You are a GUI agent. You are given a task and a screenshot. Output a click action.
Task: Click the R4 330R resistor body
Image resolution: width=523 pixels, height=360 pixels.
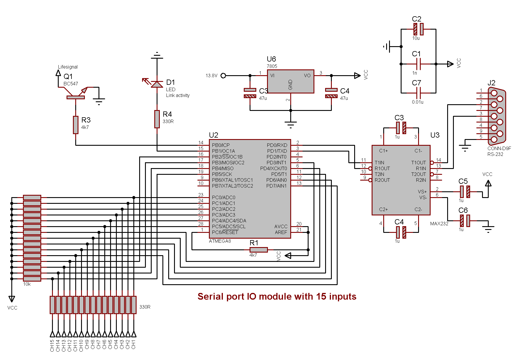(x=157, y=119)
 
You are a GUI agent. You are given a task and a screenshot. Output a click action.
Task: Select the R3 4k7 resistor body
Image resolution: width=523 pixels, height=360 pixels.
(x=76, y=125)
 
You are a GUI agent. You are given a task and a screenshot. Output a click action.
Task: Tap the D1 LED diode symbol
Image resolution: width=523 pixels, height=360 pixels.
(x=157, y=84)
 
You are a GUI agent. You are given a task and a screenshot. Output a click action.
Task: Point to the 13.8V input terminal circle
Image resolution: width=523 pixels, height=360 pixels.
(x=223, y=75)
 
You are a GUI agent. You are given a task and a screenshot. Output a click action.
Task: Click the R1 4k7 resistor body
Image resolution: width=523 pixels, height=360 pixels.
(x=259, y=250)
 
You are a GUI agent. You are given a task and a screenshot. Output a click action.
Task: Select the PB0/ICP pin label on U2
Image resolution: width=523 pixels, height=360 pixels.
(x=221, y=145)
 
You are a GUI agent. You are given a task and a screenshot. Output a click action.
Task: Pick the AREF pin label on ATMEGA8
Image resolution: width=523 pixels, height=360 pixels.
(x=281, y=232)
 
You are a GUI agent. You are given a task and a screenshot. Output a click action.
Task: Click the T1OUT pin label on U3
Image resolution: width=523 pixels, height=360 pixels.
(x=418, y=163)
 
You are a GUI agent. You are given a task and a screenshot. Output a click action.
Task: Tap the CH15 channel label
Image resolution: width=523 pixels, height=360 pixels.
(x=52, y=345)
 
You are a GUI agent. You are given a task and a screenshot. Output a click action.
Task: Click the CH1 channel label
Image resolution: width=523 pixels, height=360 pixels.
(x=134, y=345)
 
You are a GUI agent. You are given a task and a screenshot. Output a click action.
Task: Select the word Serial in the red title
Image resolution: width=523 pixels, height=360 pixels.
(x=210, y=296)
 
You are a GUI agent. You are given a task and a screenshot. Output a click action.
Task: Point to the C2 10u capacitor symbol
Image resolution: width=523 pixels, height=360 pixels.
(x=418, y=29)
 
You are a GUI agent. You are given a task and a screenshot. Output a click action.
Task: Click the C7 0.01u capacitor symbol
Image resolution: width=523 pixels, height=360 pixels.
(x=418, y=93)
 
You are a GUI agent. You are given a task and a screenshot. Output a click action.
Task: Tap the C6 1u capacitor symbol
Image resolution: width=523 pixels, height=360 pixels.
(x=465, y=221)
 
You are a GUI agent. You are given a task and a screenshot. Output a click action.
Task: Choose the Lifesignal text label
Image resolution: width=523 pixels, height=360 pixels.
(x=68, y=67)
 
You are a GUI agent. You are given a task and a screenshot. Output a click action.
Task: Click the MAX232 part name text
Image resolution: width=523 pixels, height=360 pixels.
(x=439, y=224)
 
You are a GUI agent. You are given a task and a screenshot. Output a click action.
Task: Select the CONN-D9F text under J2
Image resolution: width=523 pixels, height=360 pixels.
(x=499, y=148)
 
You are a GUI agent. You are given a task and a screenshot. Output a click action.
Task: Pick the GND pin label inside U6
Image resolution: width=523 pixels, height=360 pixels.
(x=290, y=84)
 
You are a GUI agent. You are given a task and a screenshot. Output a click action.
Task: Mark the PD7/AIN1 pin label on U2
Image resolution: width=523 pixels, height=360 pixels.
(x=276, y=186)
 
